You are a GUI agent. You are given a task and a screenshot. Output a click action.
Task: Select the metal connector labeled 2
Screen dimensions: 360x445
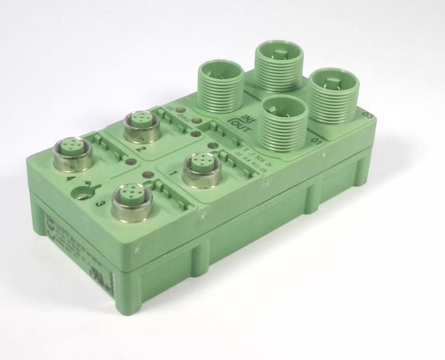point(139,124)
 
